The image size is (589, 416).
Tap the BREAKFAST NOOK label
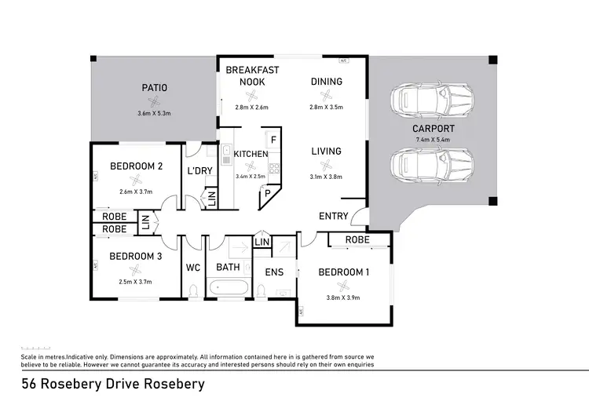[252, 75]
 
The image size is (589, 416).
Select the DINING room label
[326, 81]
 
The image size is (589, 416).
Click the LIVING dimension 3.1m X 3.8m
[326, 177]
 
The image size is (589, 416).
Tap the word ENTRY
[334, 216]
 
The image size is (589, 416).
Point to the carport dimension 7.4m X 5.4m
[434, 140]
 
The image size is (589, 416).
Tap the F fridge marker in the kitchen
[273, 139]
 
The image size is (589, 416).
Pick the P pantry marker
[267, 192]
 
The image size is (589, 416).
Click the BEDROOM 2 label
[136, 166]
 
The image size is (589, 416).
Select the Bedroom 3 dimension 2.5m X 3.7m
[136, 282]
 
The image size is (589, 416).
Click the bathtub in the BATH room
[229, 289]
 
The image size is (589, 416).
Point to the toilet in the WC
[193, 291]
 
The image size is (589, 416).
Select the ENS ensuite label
[274, 272]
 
